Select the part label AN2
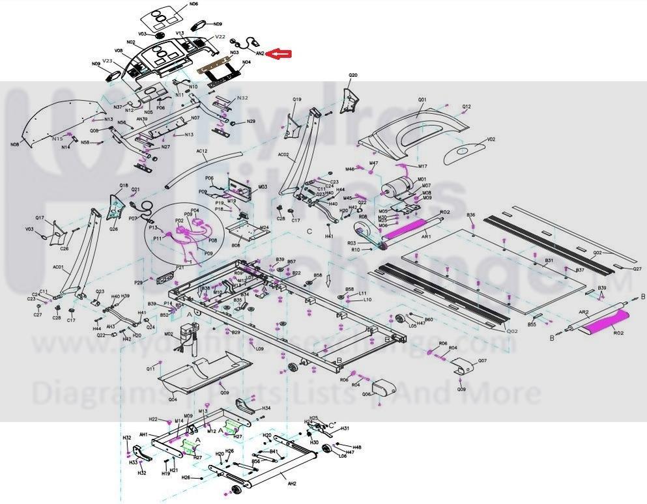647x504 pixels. click(259, 53)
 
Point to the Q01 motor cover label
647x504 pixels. click(422, 100)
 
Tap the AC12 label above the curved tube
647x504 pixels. click(201, 151)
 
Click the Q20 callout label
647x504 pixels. click(352, 76)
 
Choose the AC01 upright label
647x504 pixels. click(57, 268)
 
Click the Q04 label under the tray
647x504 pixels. click(173, 399)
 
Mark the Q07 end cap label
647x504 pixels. click(482, 360)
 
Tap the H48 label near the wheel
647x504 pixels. click(357, 447)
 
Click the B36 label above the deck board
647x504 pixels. click(471, 215)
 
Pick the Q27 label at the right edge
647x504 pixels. click(637, 268)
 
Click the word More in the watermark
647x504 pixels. click(511, 393)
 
